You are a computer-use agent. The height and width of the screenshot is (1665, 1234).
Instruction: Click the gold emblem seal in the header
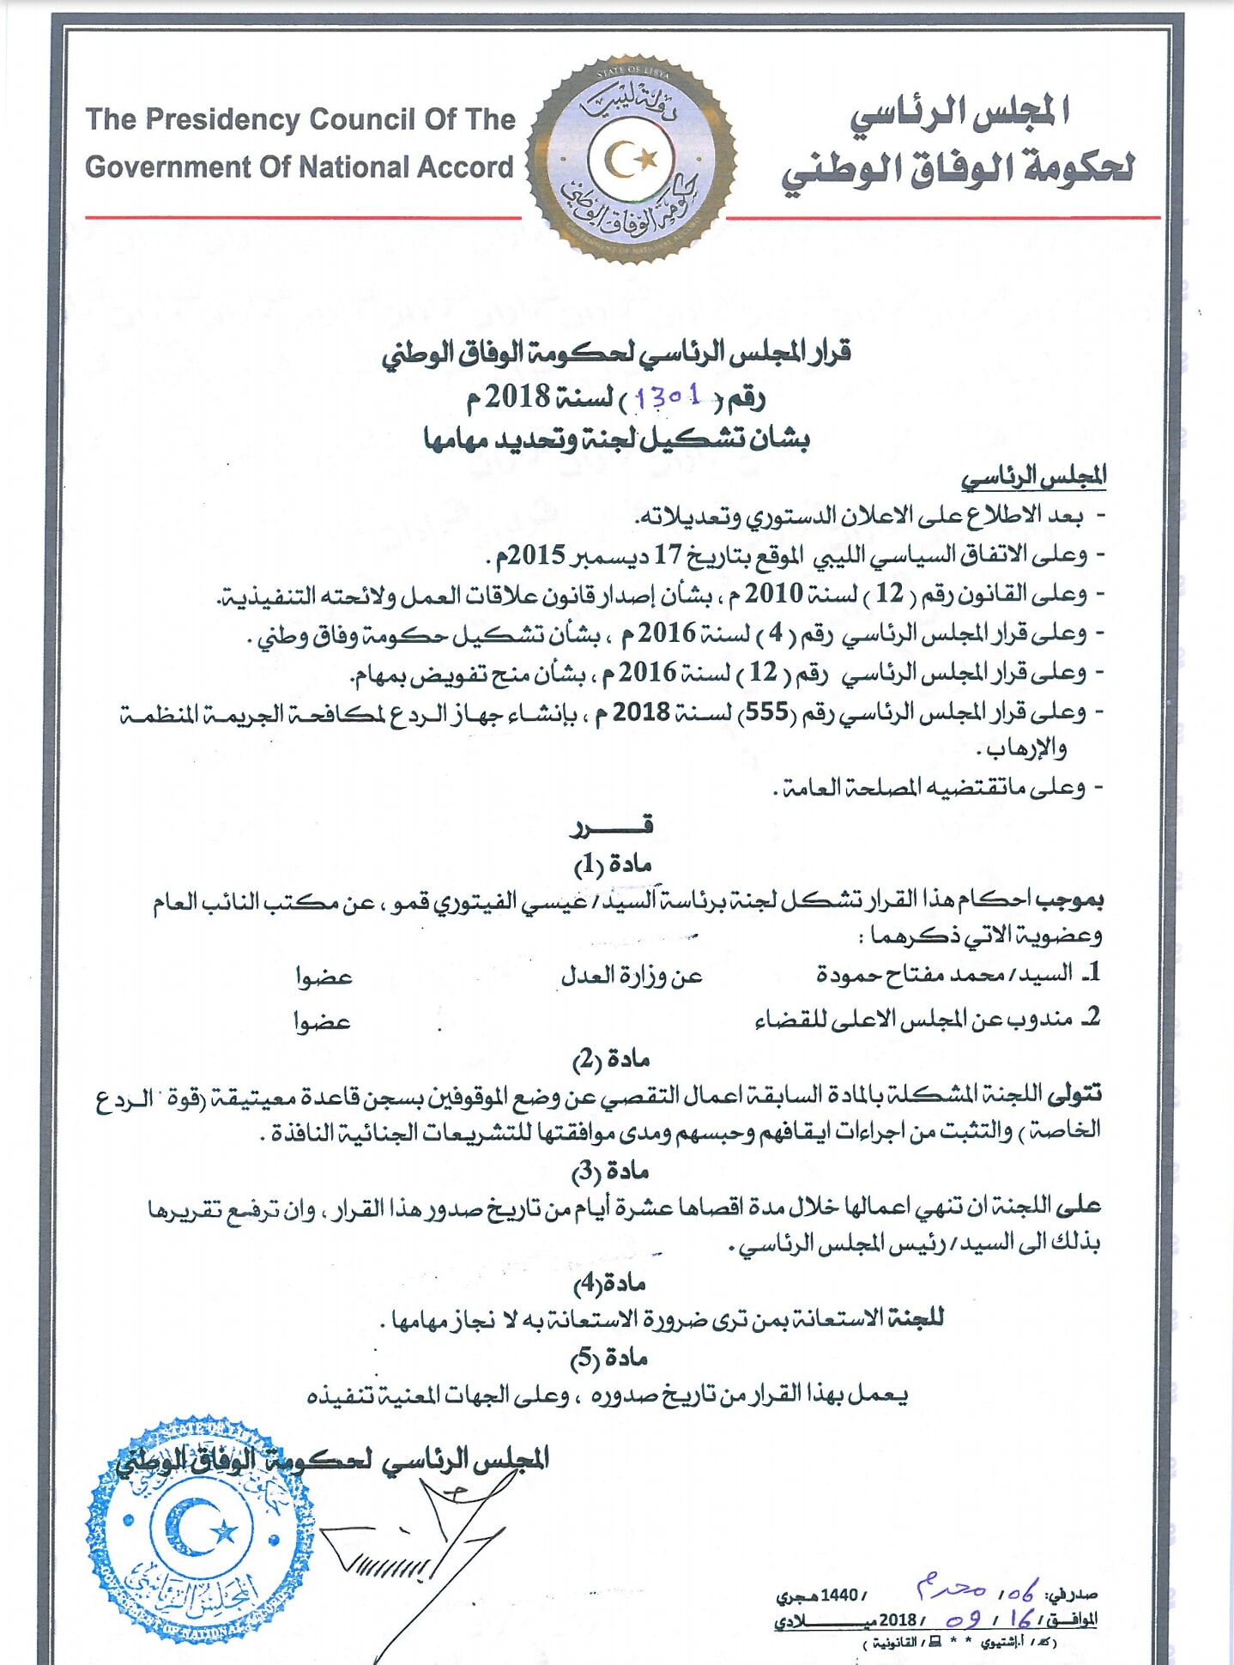[632, 160]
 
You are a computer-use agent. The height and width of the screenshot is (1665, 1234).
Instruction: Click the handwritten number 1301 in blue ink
[669, 397]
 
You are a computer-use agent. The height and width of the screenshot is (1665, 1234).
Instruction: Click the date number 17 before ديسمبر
[668, 554]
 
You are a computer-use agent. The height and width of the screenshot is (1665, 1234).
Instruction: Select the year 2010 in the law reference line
[773, 593]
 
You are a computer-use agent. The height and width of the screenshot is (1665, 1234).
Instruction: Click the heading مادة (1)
[612, 863]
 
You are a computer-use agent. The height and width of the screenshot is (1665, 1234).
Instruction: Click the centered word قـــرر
[611, 826]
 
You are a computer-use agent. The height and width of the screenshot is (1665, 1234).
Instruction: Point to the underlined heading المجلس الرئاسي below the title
[1033, 475]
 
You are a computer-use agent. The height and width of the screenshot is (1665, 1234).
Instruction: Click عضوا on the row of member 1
[324, 977]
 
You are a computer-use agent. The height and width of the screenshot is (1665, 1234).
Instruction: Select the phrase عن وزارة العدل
[632, 975]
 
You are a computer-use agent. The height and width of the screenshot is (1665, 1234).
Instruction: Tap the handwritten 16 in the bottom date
[1020, 1619]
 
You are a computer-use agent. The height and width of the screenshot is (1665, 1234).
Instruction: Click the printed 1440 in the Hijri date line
[839, 1595]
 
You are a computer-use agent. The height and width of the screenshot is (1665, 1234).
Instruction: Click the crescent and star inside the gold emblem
[631, 158]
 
